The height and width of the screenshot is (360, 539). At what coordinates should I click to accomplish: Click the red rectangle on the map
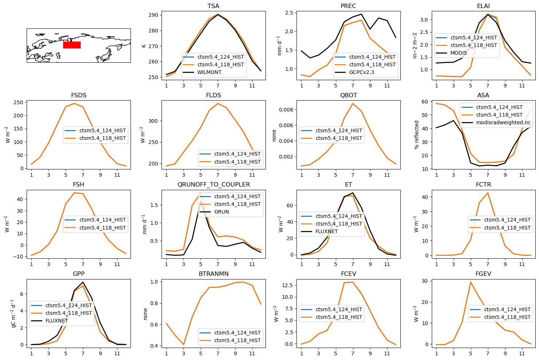71,45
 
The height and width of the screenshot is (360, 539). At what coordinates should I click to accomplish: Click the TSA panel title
213,6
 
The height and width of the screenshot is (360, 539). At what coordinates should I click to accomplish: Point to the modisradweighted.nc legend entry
503,122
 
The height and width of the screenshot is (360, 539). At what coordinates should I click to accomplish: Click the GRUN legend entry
222,212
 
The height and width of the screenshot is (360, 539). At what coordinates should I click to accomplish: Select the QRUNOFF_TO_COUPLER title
213,184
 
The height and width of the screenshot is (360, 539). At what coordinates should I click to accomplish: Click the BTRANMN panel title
213,274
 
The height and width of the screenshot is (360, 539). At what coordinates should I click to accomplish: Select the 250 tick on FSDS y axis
18,102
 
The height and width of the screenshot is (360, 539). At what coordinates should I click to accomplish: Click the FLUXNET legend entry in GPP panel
57,321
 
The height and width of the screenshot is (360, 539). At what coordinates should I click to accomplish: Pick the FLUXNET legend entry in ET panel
326,231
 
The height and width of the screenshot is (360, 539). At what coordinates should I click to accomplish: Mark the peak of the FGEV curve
470,282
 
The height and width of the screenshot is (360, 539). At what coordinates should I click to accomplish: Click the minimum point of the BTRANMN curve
183,345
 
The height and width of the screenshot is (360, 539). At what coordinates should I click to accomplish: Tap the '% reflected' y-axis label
416,135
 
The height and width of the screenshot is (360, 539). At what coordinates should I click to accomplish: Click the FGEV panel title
483,274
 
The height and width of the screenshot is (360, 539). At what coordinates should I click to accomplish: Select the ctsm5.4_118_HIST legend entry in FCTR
507,228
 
